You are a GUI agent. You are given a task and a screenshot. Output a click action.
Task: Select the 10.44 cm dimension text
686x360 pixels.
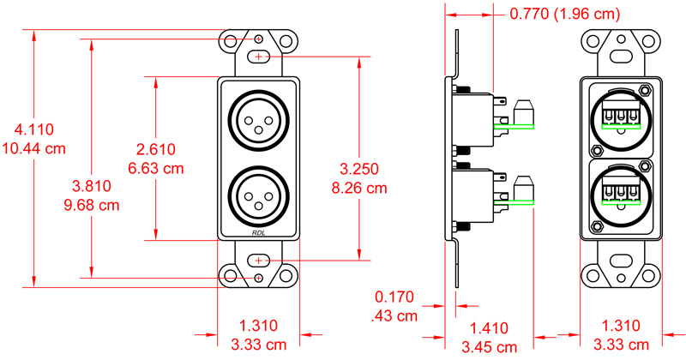(34, 148)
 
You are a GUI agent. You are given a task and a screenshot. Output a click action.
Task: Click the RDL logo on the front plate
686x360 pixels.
(259, 232)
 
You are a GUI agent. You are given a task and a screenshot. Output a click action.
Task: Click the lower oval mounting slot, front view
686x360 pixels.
(259, 260)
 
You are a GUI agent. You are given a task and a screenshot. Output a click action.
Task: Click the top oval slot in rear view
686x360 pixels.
(623, 57)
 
